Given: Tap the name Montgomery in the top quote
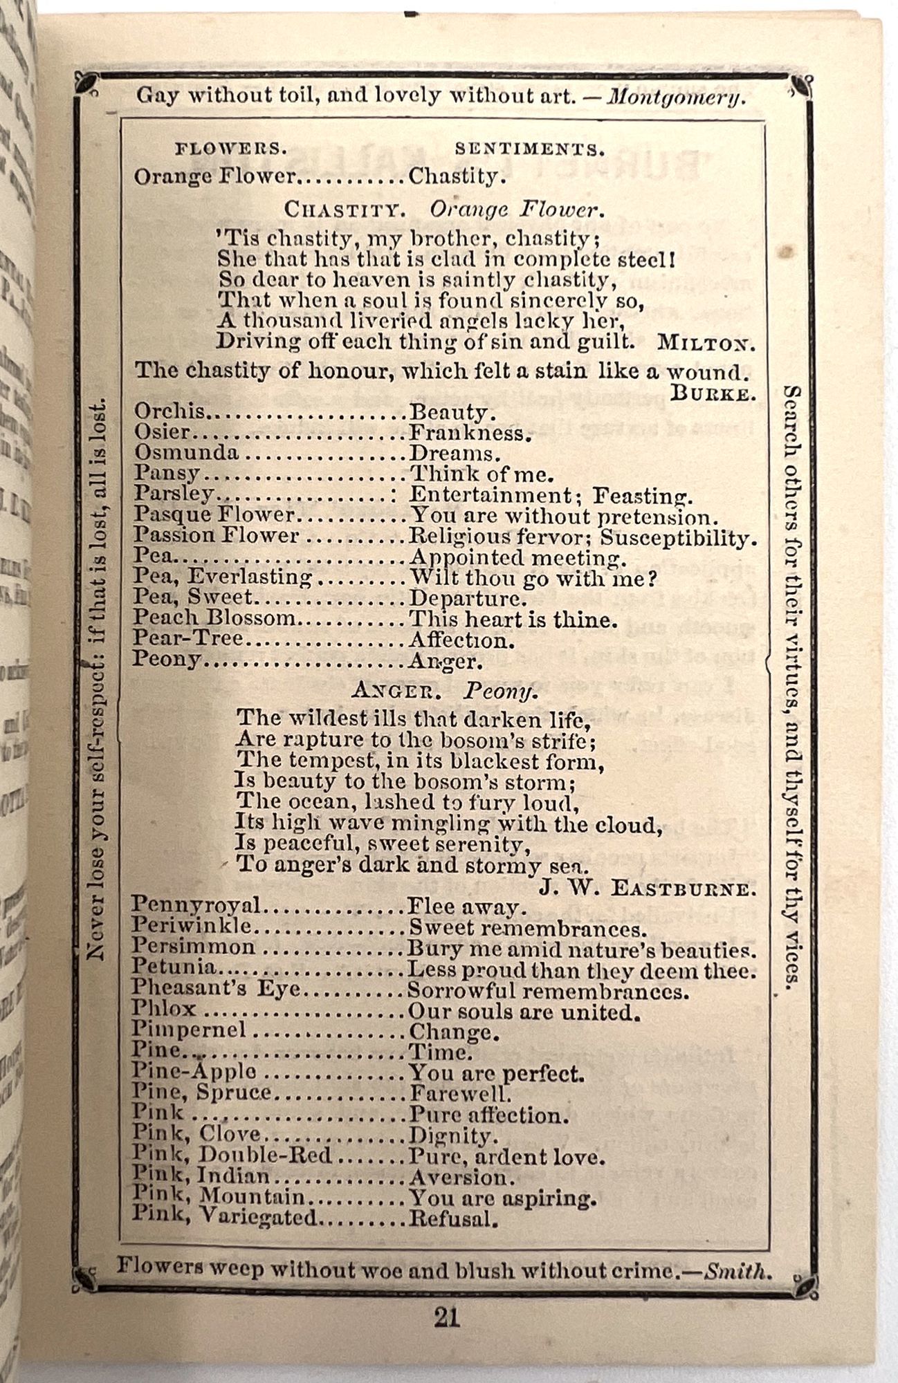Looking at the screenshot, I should pos(676,97).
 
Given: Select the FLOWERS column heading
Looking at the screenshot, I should pos(230,149).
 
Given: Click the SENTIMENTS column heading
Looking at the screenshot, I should pos(529,149).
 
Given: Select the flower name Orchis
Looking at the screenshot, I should pos(169,412).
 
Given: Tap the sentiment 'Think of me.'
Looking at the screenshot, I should pos(482,474).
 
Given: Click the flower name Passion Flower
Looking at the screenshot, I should pos(216,536).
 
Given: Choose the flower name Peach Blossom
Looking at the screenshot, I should pos(214,618).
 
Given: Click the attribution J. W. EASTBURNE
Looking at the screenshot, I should pos(646,888).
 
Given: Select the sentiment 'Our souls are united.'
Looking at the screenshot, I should pos(522,1012).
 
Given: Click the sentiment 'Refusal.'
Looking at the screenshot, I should pos(454,1218).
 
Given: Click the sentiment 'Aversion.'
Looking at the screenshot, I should pos(462,1177).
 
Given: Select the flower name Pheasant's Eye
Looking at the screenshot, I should pos(216,990).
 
